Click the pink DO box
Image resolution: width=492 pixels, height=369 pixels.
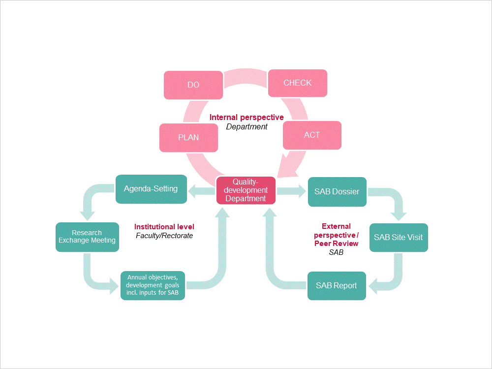click(x=193, y=85)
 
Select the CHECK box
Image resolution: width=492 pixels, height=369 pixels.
click(x=298, y=83)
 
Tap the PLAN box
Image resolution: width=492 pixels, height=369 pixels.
click(x=188, y=137)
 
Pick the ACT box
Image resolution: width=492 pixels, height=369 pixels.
click(x=312, y=135)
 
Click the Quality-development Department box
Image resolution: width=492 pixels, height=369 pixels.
click(x=246, y=190)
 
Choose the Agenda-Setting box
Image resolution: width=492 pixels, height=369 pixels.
click(x=151, y=189)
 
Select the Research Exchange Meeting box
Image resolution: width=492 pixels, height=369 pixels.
click(x=87, y=237)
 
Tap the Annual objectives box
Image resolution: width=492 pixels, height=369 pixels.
click(x=153, y=285)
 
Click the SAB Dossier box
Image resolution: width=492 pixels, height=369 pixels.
click(x=337, y=191)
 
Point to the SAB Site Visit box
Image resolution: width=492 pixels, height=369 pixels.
click(x=398, y=237)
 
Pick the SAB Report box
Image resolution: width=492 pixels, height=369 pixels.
click(x=337, y=285)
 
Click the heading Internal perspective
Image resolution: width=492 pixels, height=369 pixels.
click(x=246, y=118)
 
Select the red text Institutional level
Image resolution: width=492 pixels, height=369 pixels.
click(x=164, y=227)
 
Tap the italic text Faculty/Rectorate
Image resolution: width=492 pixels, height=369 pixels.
click(x=164, y=236)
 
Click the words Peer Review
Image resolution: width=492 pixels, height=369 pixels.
click(x=336, y=244)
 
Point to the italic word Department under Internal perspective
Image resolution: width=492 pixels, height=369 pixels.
click(x=246, y=127)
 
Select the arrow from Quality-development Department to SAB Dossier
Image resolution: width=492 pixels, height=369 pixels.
click(x=291, y=191)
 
